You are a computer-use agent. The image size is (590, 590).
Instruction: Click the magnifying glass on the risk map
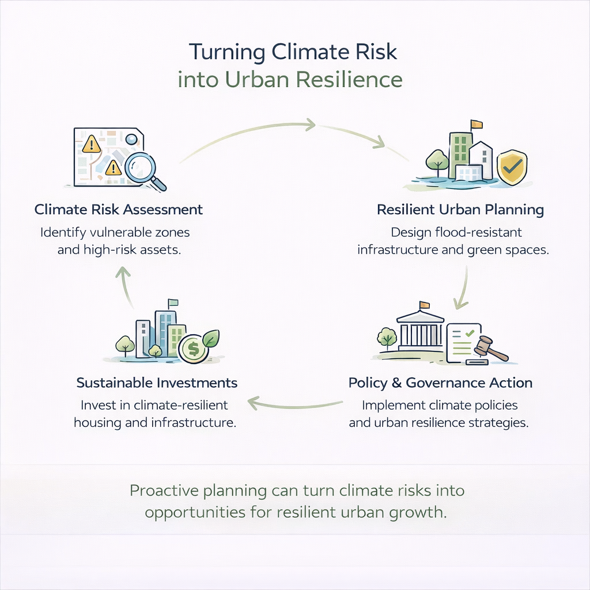tap(142, 167)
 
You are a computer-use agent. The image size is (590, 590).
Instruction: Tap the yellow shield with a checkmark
tap(512, 167)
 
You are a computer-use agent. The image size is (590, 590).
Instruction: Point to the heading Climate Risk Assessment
tap(119, 209)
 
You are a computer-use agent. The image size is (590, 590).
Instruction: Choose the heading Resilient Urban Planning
tap(460, 210)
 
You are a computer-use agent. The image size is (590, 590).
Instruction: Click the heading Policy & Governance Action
tap(440, 383)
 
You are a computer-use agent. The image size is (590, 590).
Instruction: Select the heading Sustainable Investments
tap(157, 383)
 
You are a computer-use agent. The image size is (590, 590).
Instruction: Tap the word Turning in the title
tap(228, 52)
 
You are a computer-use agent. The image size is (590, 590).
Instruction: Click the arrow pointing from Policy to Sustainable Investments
tap(294, 403)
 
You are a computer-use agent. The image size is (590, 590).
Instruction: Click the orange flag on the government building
tap(425, 304)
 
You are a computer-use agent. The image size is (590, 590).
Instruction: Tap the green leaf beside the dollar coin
tap(211, 339)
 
